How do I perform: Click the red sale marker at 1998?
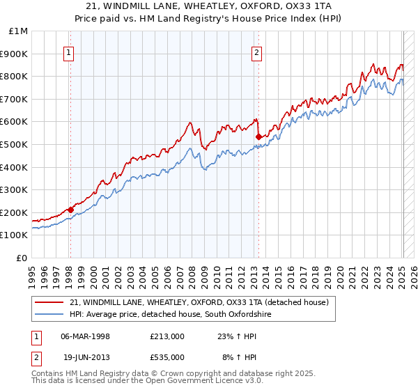pyautogui.click(x=70, y=209)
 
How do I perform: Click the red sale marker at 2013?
pyautogui.click(x=258, y=136)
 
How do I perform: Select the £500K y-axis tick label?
pyautogui.click(x=15, y=144)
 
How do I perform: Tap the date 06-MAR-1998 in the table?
pyautogui.click(x=86, y=336)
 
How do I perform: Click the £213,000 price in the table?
pyautogui.click(x=167, y=336)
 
